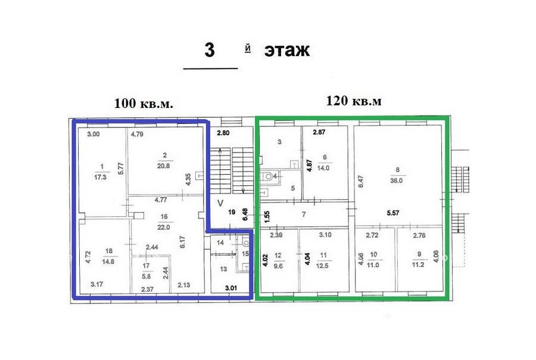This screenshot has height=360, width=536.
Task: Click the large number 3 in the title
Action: point(210,50)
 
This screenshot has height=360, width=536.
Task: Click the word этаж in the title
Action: point(287,50)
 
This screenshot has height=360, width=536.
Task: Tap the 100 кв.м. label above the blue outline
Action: point(144,103)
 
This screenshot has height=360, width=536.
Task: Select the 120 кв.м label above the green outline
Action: point(354,101)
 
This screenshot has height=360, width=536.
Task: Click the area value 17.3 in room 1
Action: point(100,177)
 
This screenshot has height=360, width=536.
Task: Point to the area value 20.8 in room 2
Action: point(163,166)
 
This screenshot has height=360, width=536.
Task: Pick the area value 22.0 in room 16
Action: point(164,227)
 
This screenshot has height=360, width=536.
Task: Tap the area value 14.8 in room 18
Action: point(108,262)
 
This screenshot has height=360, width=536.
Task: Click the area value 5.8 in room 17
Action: point(146,277)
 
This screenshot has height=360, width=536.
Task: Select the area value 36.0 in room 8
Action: point(397,181)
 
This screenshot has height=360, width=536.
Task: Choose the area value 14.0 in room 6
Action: point(323,168)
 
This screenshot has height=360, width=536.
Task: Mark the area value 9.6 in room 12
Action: point(278,266)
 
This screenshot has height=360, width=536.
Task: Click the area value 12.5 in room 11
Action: point(322,266)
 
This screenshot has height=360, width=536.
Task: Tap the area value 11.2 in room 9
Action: point(418,265)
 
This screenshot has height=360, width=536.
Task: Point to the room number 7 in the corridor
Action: point(304,215)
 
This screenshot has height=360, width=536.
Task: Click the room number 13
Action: point(223,269)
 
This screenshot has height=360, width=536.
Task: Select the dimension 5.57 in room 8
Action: point(393,213)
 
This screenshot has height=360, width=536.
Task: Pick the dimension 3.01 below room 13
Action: point(231,288)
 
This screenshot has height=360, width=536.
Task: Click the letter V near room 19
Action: point(220,203)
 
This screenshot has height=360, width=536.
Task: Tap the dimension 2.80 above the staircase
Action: point(223,133)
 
